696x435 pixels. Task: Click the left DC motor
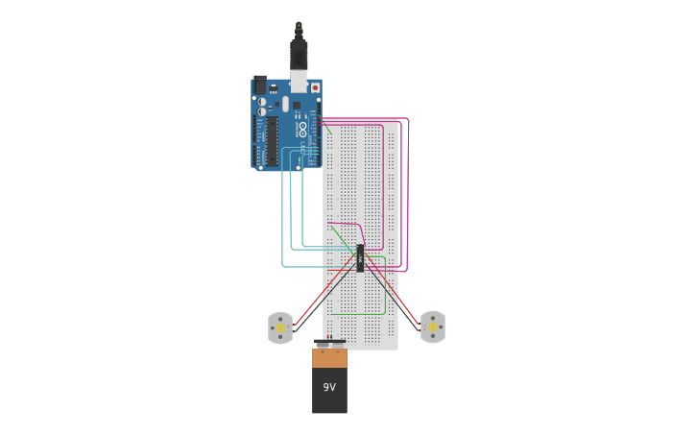(x=279, y=327)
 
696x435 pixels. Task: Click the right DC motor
(x=433, y=326)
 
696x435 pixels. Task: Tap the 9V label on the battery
(x=329, y=388)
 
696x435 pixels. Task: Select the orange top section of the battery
(x=329, y=357)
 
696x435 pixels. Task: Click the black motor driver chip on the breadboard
(x=360, y=257)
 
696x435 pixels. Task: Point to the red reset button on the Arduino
(x=315, y=87)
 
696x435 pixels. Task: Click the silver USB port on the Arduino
(x=300, y=83)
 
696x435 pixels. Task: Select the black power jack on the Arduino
(x=259, y=84)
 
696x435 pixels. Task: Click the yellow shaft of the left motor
(x=280, y=328)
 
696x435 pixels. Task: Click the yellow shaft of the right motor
(x=432, y=327)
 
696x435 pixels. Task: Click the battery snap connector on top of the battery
(x=329, y=343)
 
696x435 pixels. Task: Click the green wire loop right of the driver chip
(x=385, y=288)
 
